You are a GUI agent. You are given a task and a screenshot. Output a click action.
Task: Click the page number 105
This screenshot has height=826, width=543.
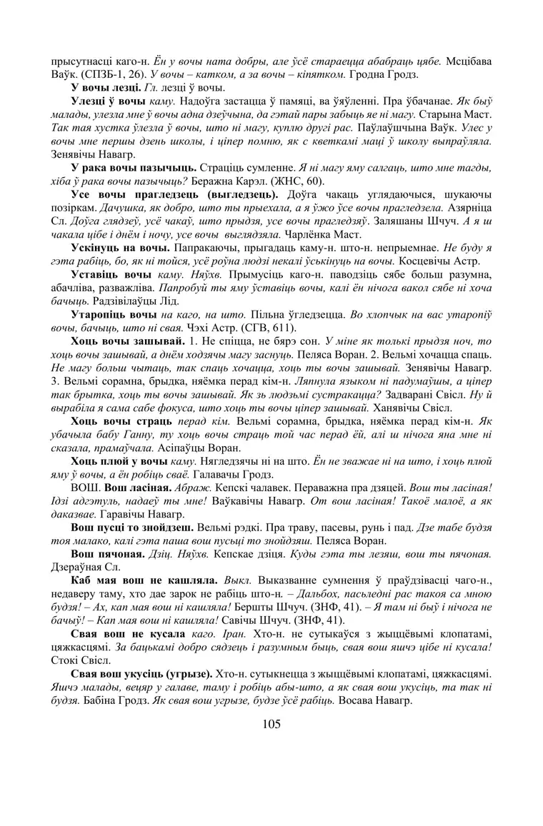click(x=271, y=724)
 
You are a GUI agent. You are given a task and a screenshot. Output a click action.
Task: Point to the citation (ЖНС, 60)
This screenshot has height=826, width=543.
click(x=289, y=180)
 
